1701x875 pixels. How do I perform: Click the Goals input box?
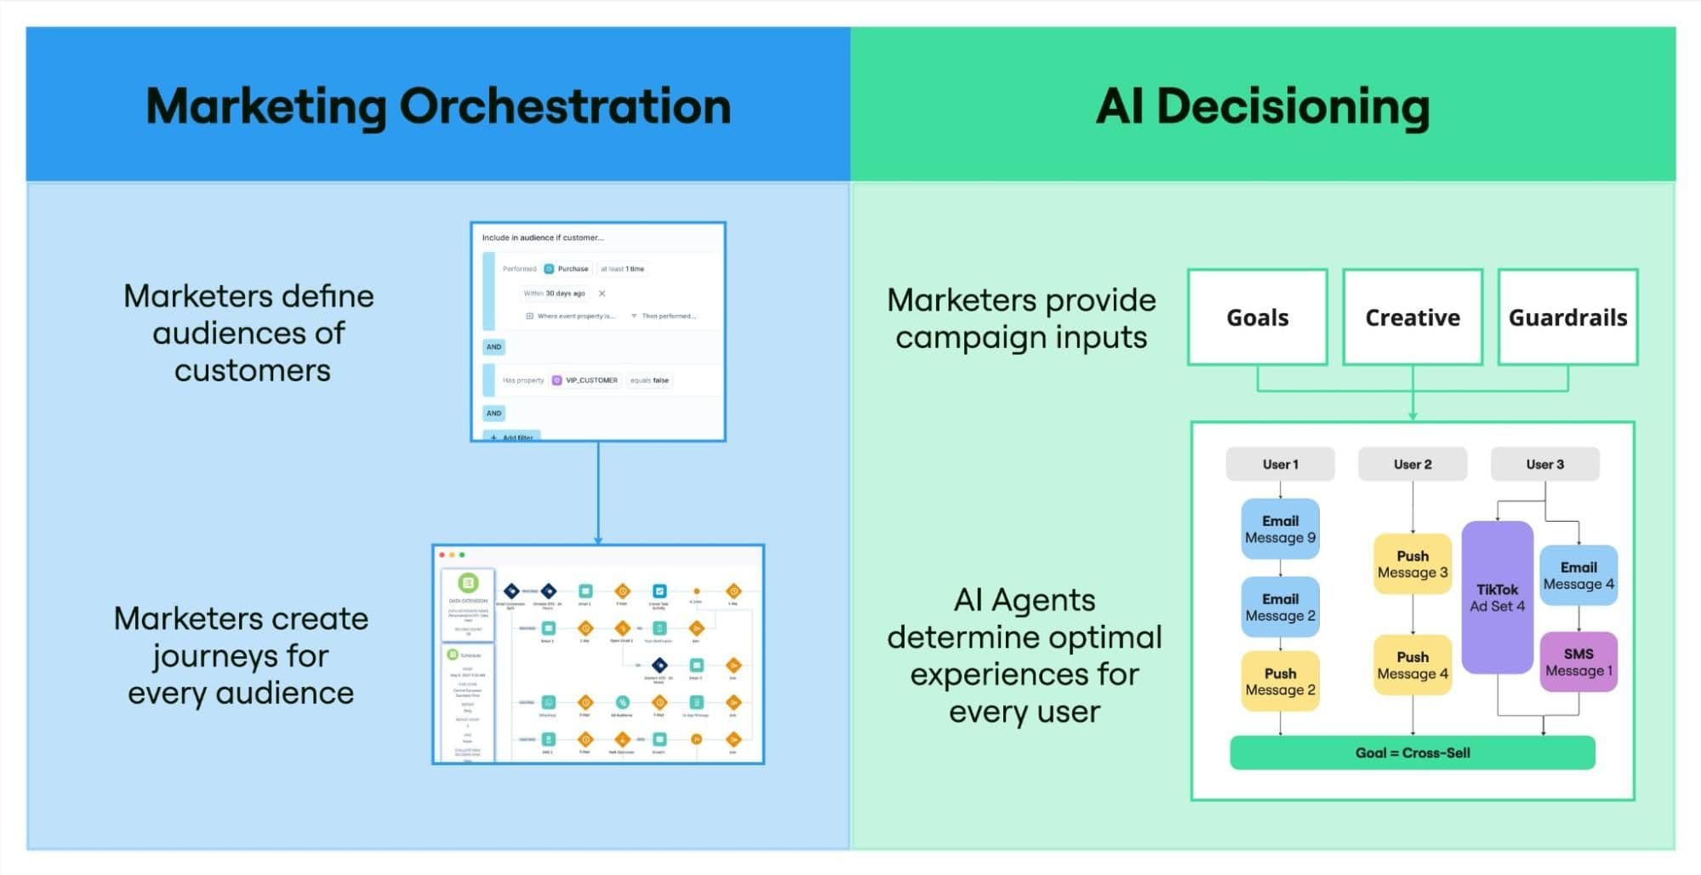(x=1257, y=317)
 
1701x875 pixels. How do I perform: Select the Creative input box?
(x=1412, y=317)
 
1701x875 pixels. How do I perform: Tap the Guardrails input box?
(x=1567, y=317)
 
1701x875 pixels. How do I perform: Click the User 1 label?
(x=1280, y=464)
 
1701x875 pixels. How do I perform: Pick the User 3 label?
(x=1544, y=464)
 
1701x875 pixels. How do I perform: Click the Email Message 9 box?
(x=1280, y=529)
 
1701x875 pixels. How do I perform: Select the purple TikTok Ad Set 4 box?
(x=1497, y=598)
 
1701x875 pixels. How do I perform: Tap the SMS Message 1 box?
(x=1578, y=661)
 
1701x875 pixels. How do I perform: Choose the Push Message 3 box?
(x=1412, y=563)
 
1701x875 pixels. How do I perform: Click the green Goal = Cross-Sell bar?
(x=1412, y=752)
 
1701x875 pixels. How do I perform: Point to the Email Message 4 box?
(x=1578, y=575)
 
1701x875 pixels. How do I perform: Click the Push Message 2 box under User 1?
(x=1280, y=681)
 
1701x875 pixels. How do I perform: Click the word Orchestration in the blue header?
(x=565, y=106)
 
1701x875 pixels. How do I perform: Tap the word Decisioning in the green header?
(x=1293, y=106)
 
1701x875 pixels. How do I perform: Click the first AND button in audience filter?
(x=494, y=346)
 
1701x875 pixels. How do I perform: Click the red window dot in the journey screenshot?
(x=442, y=555)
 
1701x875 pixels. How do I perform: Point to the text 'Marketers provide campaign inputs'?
(x=1021, y=318)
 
